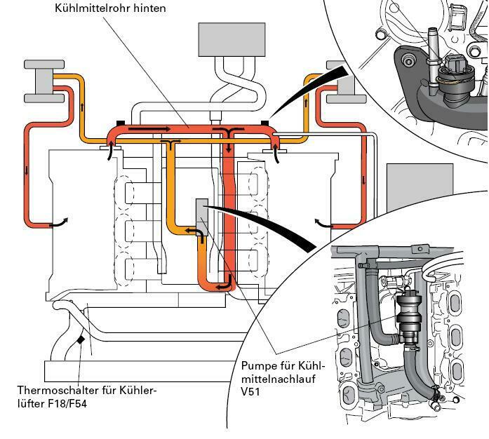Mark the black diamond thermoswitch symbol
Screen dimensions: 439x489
point(81,339)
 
